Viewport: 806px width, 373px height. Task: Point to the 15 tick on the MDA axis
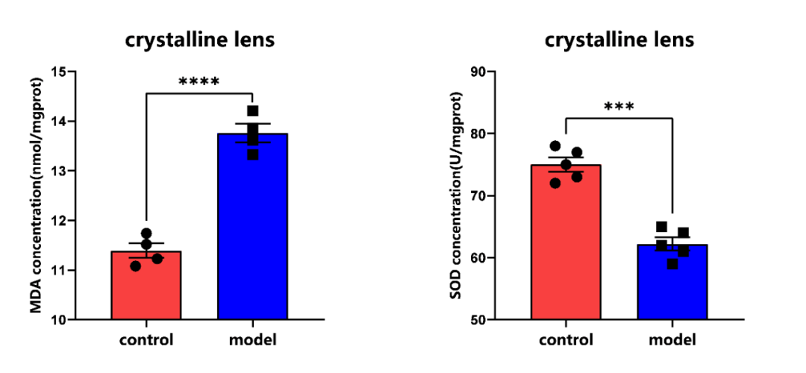59,72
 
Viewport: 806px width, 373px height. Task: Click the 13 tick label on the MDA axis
59,171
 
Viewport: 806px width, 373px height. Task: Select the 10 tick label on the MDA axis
59,319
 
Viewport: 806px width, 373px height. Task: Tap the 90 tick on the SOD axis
478,72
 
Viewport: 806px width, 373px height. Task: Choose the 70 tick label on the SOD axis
478,195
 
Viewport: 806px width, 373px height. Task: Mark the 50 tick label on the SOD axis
478,319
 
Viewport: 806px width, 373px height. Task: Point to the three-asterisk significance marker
619,107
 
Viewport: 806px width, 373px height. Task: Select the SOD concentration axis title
456,195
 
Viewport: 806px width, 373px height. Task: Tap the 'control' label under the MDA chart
146,340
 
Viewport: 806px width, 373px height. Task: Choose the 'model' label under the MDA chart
252,340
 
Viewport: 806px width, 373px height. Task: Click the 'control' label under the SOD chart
566,340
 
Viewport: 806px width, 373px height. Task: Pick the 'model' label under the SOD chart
672,340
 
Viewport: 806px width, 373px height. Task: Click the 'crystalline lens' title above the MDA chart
199,40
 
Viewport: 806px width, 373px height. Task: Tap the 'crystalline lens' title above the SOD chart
619,40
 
